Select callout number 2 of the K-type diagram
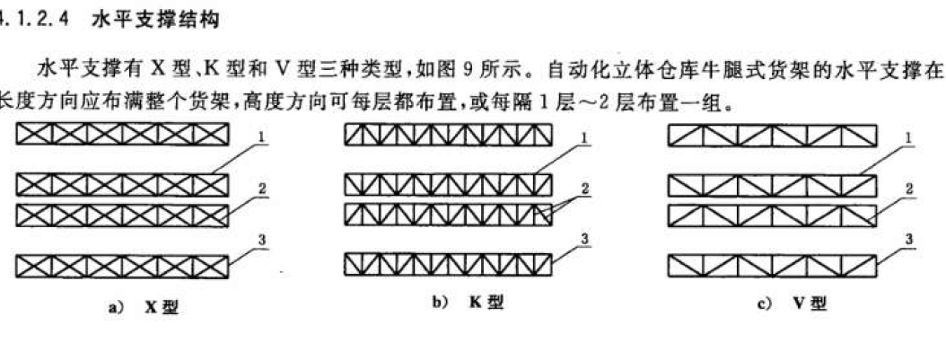585,188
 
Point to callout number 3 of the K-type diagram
584,238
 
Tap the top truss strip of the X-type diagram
124,136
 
